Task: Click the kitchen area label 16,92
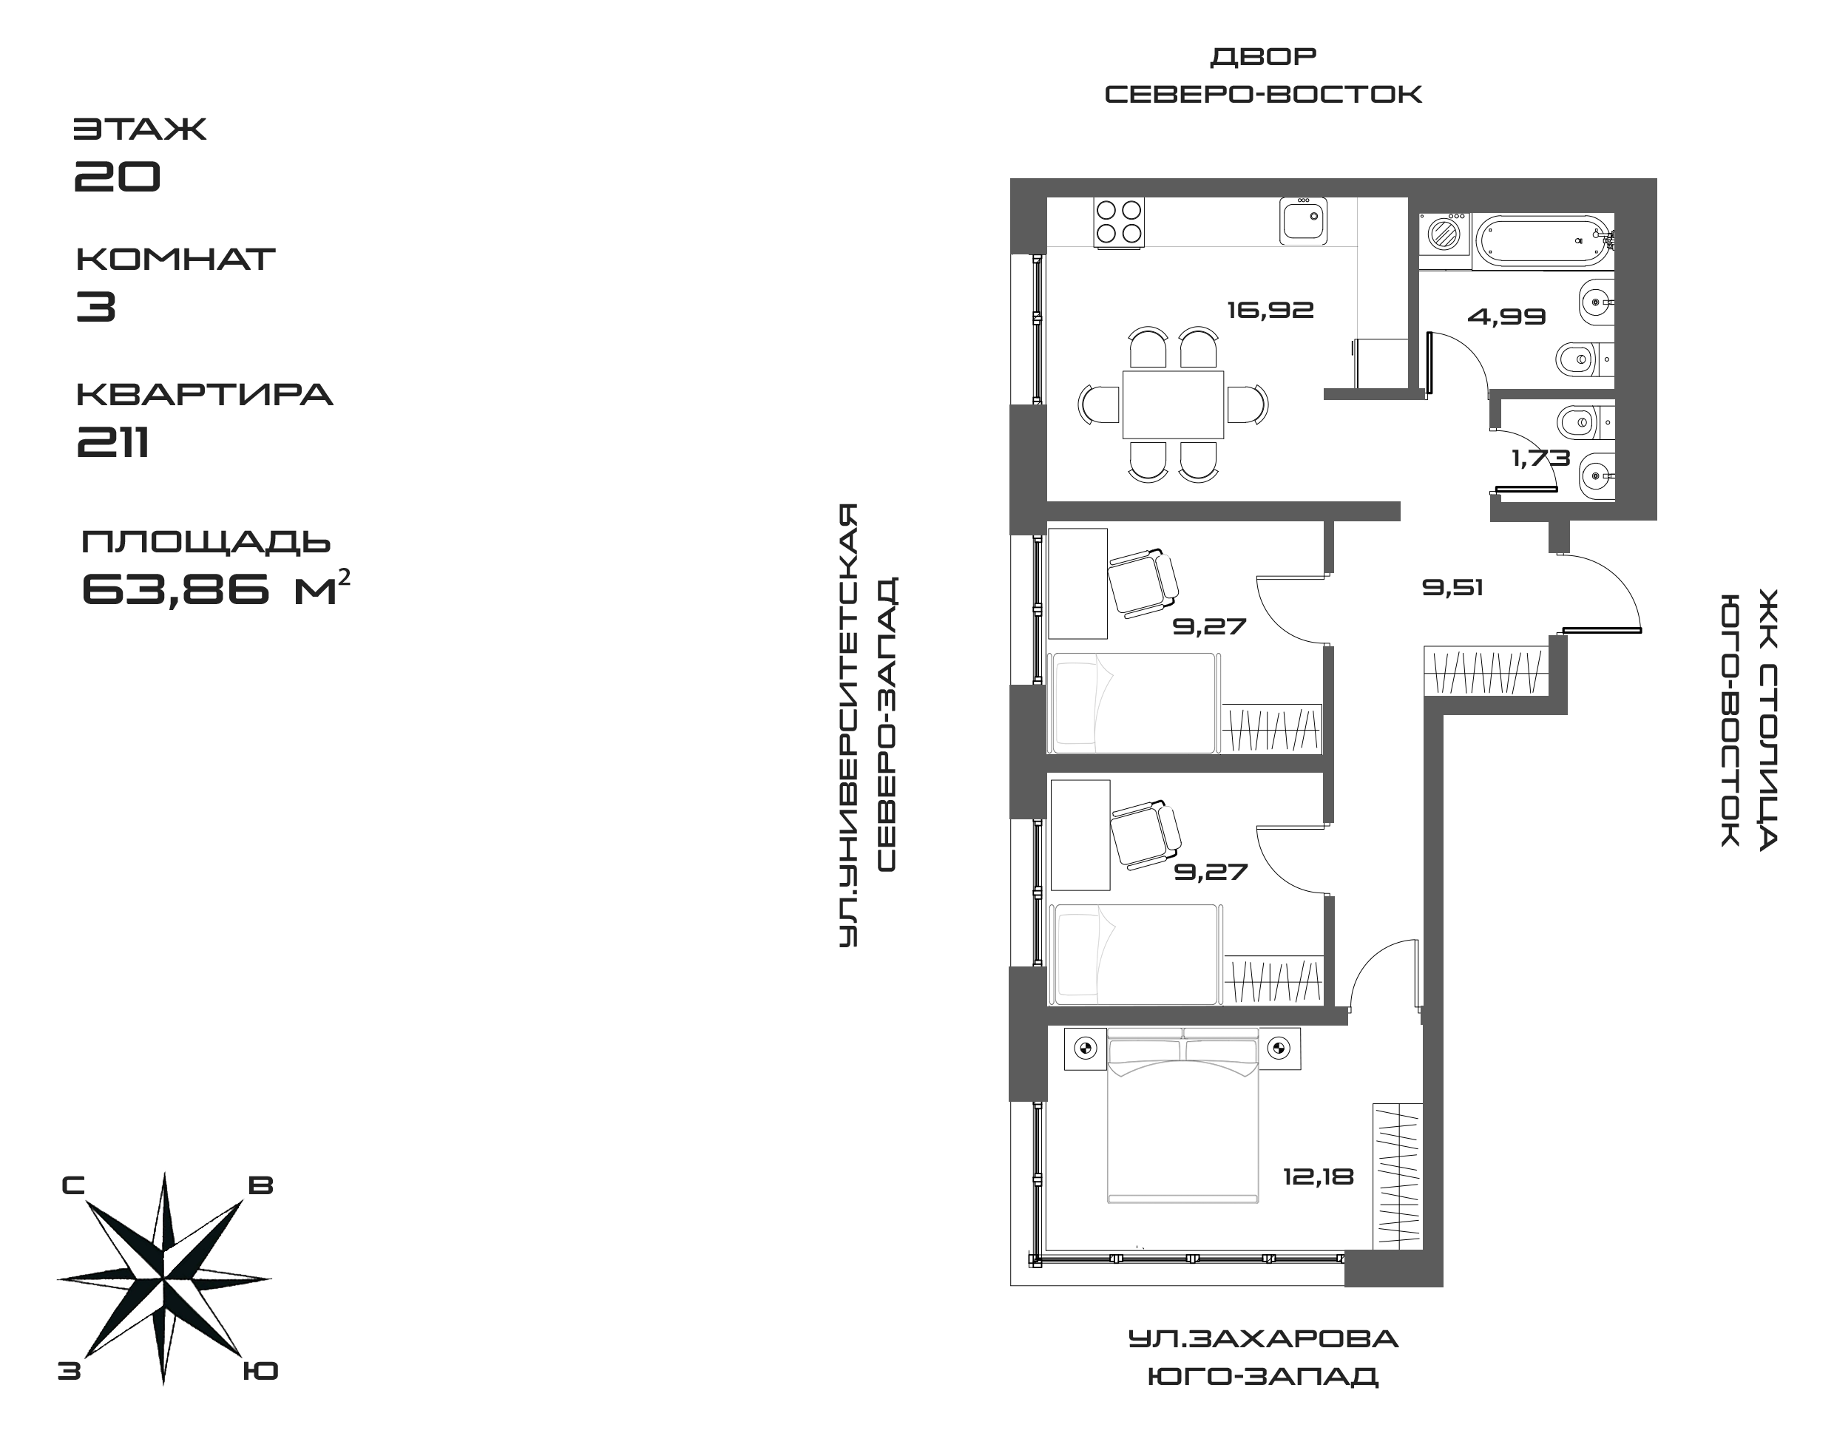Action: [1270, 311]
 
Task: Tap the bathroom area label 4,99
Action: [1506, 317]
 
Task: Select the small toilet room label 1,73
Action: [1540, 458]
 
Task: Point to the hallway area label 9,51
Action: [1452, 587]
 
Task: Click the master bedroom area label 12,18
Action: [1318, 1176]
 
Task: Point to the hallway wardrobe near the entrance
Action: [1486, 670]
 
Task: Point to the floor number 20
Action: [118, 176]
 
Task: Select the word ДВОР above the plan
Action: [1262, 56]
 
